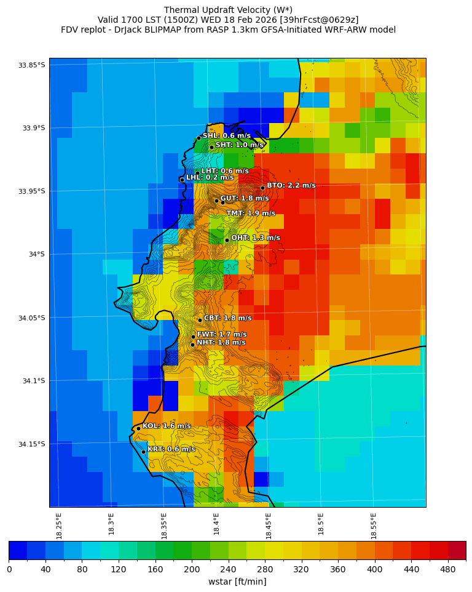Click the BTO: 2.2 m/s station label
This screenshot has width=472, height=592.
click(291, 185)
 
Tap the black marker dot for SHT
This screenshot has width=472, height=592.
click(211, 147)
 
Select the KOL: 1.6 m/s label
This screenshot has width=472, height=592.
click(167, 426)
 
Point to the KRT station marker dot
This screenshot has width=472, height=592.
click(143, 452)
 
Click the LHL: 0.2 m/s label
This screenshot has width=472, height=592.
click(210, 177)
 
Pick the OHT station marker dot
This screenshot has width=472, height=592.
click(227, 240)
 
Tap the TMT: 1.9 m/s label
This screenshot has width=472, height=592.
click(251, 214)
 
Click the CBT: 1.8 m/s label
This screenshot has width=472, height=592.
click(227, 318)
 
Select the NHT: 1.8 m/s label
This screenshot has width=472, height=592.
click(221, 343)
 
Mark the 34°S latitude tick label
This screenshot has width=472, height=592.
click(34, 254)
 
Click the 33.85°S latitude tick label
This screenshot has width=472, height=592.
click(31, 65)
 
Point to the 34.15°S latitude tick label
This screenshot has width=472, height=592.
click(31, 444)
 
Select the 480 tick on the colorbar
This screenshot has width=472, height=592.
click(448, 569)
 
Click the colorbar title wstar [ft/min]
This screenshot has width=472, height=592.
click(237, 582)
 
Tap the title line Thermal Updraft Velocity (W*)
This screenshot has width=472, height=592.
click(228, 10)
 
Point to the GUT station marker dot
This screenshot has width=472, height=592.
click(216, 200)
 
